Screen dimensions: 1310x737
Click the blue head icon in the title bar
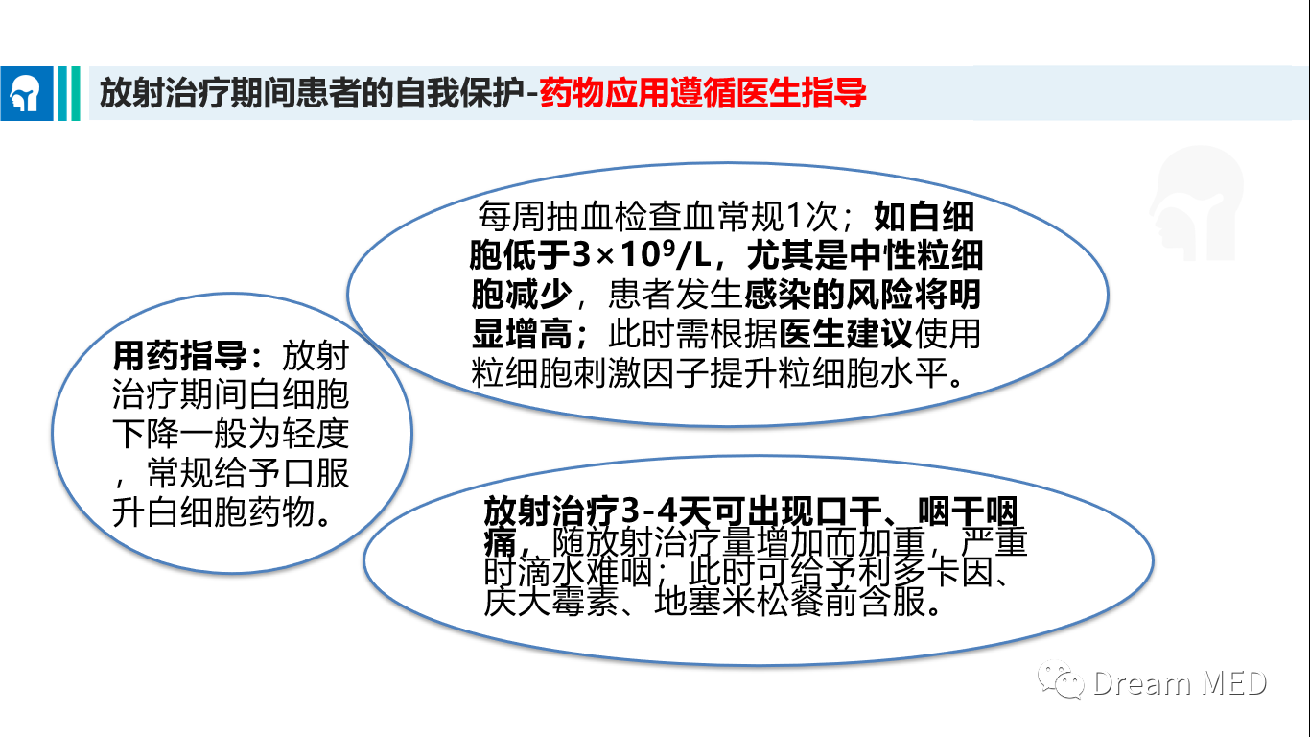click(x=27, y=94)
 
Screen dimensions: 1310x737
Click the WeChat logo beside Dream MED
click(x=1061, y=679)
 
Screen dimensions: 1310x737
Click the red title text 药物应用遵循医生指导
click(x=703, y=93)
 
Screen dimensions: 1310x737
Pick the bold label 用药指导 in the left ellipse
click(x=179, y=355)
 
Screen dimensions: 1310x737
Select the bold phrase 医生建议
click(x=846, y=334)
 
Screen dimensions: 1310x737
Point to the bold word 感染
click(x=778, y=294)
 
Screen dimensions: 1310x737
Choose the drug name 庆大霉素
click(x=550, y=601)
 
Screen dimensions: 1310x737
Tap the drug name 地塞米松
click(x=721, y=601)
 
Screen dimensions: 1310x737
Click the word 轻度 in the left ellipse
click(x=316, y=434)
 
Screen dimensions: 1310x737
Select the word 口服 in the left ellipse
click(x=316, y=473)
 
